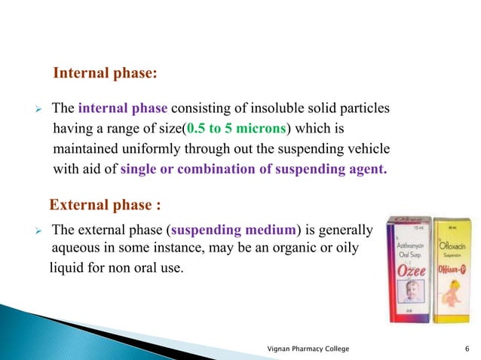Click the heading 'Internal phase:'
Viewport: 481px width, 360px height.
pos(105,75)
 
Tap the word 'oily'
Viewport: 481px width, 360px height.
pos(350,248)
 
